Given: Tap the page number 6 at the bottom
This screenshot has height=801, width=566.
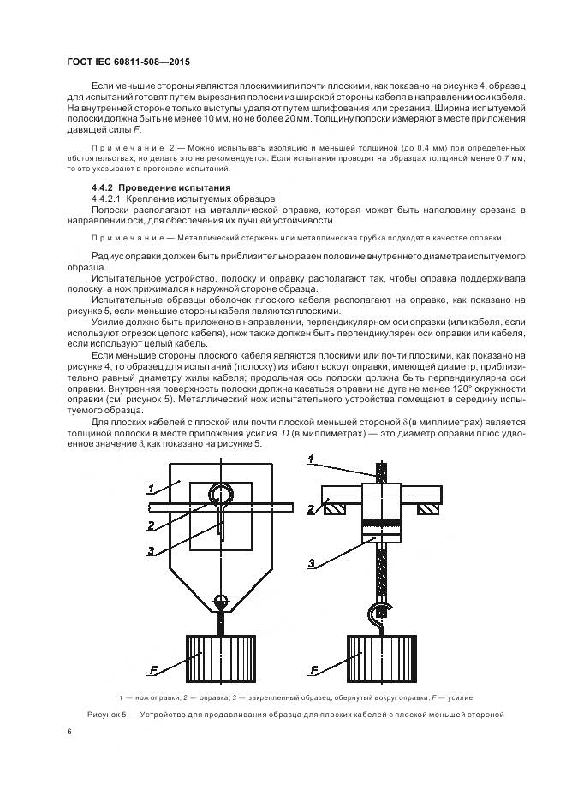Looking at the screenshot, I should (68, 732).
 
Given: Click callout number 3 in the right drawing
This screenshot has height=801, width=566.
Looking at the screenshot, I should (313, 562).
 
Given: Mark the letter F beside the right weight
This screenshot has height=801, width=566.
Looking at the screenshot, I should (314, 670).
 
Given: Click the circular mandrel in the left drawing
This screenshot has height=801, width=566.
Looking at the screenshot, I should (220, 495).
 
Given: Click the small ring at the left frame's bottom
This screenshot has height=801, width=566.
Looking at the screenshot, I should (220, 601).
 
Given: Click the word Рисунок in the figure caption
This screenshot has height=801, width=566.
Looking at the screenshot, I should (106, 714).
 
